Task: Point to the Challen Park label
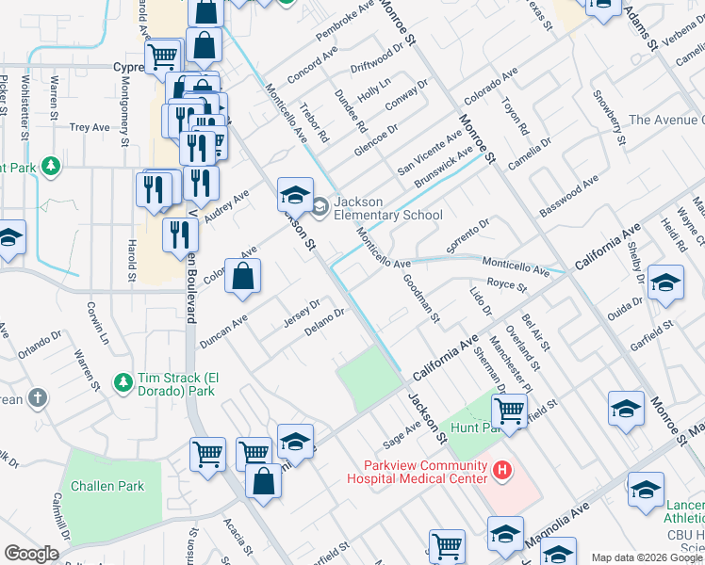point(112,486)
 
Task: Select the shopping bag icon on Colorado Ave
point(242,277)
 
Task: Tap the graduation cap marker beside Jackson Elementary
point(295,195)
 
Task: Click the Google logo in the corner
point(31,553)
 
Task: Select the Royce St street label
point(506,283)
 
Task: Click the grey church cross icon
point(37,398)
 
